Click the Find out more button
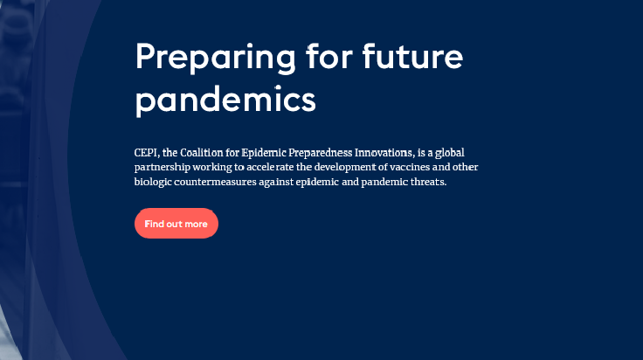pyautogui.click(x=176, y=224)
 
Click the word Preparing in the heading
pyautogui.click(x=215, y=58)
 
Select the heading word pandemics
pyautogui.click(x=225, y=100)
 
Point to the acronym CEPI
pyautogui.click(x=146, y=153)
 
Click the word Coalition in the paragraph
pyautogui.click(x=201, y=153)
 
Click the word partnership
pyautogui.click(x=162, y=168)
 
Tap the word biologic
pyautogui.click(x=153, y=182)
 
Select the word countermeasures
pyautogui.click(x=215, y=182)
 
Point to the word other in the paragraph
pyautogui.click(x=465, y=167)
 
